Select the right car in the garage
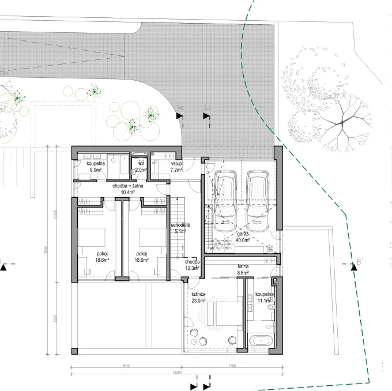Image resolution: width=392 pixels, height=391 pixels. (x=258, y=200)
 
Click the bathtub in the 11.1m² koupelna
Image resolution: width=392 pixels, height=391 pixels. (x=262, y=340)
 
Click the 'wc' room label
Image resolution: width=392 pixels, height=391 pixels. (x=141, y=164)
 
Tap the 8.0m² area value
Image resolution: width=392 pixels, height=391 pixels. (x=95, y=171)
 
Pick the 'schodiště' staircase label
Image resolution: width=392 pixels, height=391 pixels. (x=182, y=224)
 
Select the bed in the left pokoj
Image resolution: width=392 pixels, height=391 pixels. (x=92, y=236)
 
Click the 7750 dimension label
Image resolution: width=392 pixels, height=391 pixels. (x=234, y=366)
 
